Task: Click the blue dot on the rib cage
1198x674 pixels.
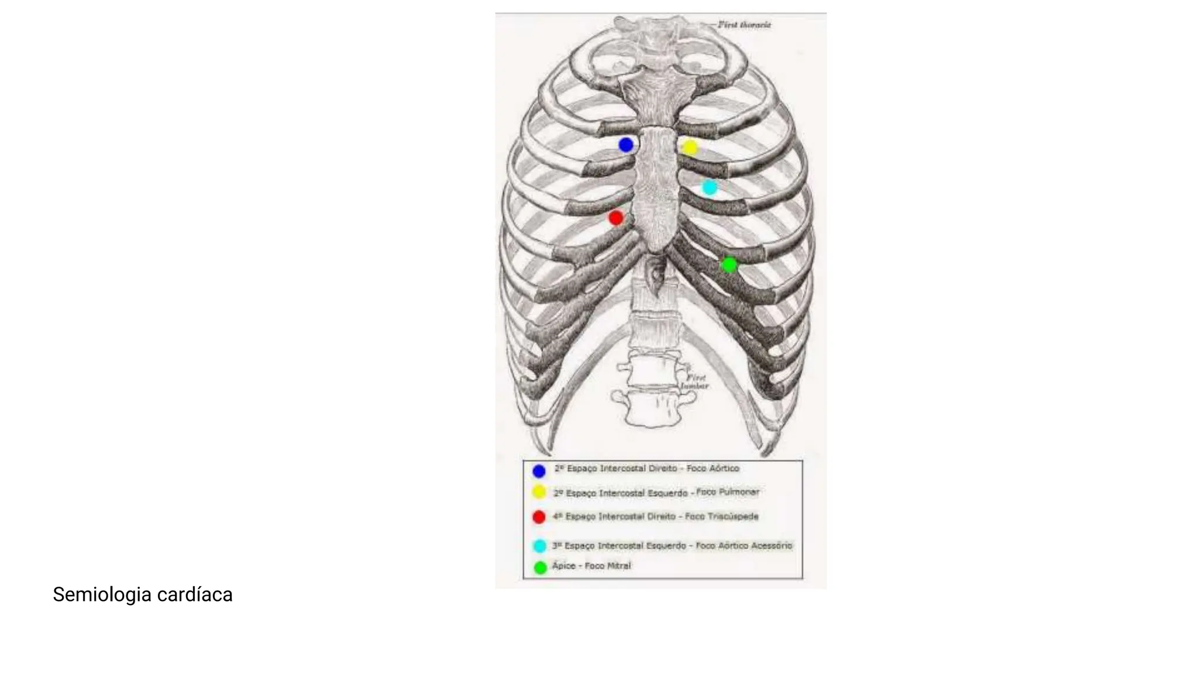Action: (626, 145)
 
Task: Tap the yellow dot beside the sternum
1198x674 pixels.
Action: (690, 147)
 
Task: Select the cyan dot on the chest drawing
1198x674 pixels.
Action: (710, 188)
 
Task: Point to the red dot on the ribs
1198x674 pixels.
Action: (615, 218)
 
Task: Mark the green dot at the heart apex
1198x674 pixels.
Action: (729, 265)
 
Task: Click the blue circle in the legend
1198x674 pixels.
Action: (539, 471)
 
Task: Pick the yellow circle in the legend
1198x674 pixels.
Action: (539, 493)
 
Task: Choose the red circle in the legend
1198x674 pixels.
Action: (539, 517)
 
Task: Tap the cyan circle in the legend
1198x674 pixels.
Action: (539, 546)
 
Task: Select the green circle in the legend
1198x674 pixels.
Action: (541, 567)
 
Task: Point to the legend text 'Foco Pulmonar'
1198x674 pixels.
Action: (728, 492)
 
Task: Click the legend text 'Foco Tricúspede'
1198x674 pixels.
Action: (721, 517)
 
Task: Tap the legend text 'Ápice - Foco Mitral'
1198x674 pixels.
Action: (591, 566)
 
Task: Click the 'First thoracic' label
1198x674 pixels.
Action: (744, 25)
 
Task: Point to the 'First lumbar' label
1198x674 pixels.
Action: (696, 382)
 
